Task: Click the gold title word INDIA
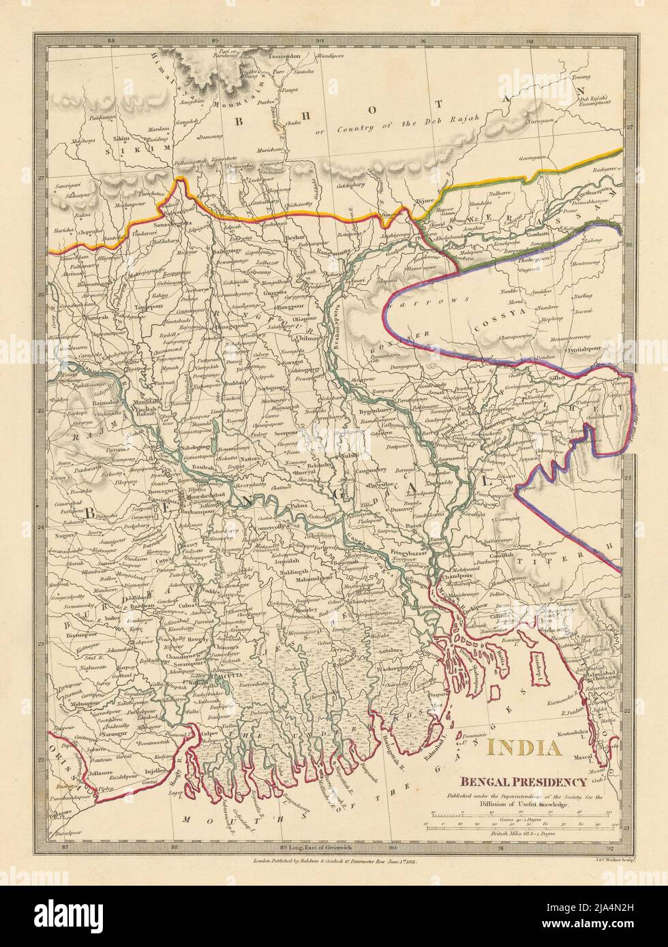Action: pos(525,748)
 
